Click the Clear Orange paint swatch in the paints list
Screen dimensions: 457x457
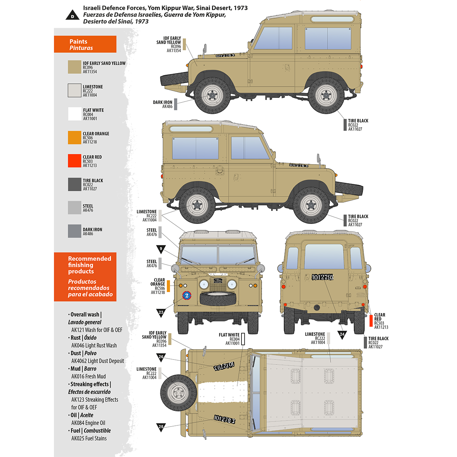74,137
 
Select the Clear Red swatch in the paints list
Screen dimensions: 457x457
74,161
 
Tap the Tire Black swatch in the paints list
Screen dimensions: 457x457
74,184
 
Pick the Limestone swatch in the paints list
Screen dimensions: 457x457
74,91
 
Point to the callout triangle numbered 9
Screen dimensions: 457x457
161,249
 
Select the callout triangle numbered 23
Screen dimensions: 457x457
161,313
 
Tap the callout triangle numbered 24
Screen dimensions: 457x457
342,335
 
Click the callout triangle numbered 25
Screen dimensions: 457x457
161,427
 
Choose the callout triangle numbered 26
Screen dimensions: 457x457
161,358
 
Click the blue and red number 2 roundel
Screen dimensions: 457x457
186,296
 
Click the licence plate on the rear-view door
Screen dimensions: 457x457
323,277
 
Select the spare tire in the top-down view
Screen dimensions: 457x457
178,392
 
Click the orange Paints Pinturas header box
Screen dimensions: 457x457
85,45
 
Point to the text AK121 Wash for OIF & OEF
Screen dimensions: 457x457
97,330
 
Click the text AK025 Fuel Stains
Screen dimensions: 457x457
89,438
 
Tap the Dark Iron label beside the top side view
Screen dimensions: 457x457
163,104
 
